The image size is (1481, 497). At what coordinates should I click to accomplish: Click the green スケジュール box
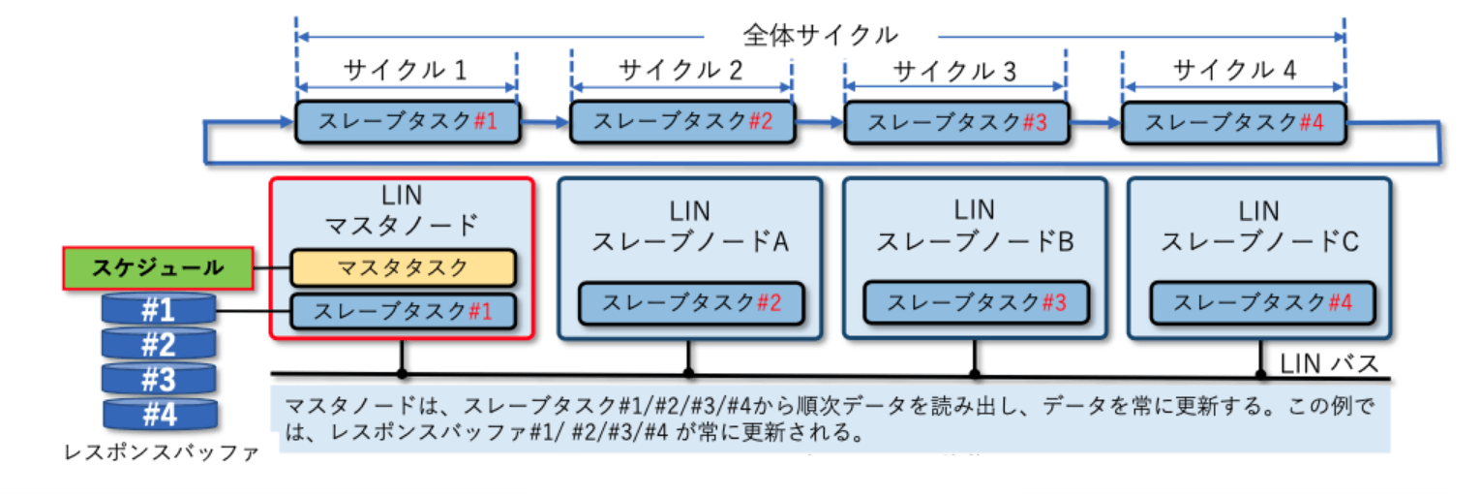[x=158, y=267]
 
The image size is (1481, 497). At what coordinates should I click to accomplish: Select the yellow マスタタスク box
[x=404, y=266]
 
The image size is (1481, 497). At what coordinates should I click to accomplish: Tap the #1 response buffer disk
[x=158, y=310]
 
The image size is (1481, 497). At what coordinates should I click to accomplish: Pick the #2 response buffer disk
[x=158, y=344]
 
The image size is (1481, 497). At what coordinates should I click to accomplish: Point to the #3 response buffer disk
[x=158, y=378]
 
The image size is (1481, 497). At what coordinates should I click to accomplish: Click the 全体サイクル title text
[x=820, y=36]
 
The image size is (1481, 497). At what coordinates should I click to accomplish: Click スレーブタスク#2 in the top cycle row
[x=681, y=122]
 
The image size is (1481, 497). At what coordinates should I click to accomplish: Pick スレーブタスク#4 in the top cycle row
[x=1232, y=122]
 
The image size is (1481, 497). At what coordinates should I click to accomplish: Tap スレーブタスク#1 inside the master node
[x=404, y=311]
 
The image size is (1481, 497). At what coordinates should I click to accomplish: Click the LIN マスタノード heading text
[x=401, y=210]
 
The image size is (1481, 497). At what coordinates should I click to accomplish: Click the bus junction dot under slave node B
[x=975, y=373]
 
